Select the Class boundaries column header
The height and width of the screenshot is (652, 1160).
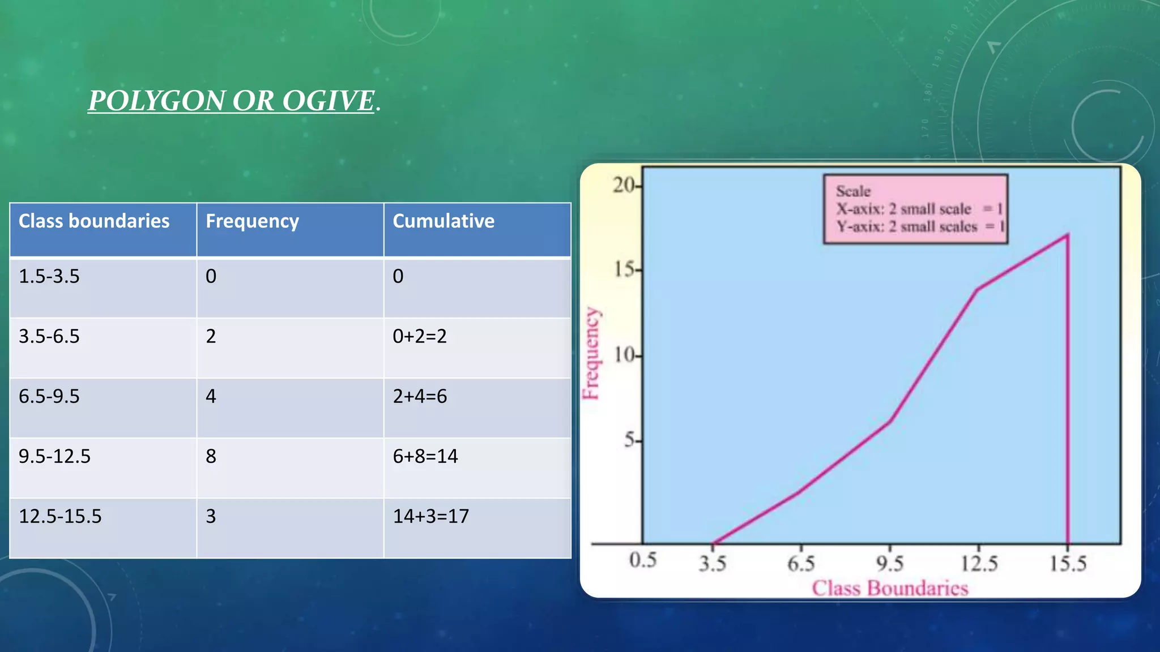pyautogui.click(x=94, y=221)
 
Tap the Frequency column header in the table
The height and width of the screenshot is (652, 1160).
pyautogui.click(x=252, y=221)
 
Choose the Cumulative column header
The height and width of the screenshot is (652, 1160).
pyautogui.click(x=443, y=221)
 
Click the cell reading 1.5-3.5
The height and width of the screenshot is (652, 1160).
pyautogui.click(x=49, y=276)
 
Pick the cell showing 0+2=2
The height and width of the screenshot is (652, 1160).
pyautogui.click(x=420, y=336)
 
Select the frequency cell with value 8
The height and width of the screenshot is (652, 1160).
pyautogui.click(x=211, y=456)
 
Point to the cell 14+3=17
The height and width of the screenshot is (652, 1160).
pyautogui.click(x=430, y=516)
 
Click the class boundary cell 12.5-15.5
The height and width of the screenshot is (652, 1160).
pyautogui.click(x=60, y=516)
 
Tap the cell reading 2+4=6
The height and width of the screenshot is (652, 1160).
pyautogui.click(x=420, y=396)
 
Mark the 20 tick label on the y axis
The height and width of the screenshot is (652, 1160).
pyautogui.click(x=625, y=185)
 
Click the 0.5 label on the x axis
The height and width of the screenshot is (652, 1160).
pyautogui.click(x=643, y=560)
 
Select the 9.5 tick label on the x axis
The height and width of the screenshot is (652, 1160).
pyautogui.click(x=890, y=563)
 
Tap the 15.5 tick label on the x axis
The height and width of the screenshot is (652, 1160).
pyautogui.click(x=1068, y=563)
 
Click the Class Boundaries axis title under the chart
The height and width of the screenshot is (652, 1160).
pyautogui.click(x=890, y=588)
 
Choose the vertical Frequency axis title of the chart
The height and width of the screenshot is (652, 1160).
pyautogui.click(x=591, y=353)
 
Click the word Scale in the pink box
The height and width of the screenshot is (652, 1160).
pyautogui.click(x=853, y=191)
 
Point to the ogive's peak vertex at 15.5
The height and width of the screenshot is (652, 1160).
pyautogui.click(x=1068, y=235)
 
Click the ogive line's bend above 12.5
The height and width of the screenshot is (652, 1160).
pyautogui.click(x=978, y=289)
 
